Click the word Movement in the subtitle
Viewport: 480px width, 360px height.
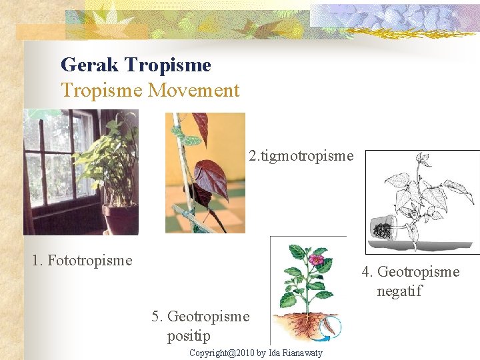193,91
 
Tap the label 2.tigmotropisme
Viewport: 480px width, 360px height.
301,156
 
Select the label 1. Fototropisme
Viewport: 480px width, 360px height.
82,260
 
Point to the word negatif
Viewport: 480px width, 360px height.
399,291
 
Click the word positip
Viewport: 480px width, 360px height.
189,336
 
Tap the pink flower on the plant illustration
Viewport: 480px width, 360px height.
316,259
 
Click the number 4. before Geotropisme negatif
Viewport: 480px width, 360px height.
368,272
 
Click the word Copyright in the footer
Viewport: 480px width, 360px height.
208,353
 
